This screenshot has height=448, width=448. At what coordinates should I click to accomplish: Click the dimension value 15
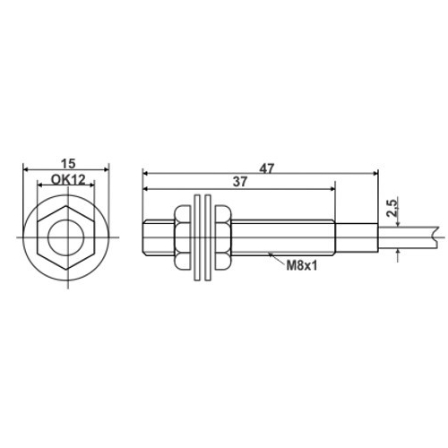click(x=68, y=164)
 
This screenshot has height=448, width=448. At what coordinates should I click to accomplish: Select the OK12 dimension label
click(x=68, y=180)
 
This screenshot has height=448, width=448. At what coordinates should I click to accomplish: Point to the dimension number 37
click(x=240, y=182)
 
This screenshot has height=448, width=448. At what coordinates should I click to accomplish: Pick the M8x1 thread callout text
click(x=301, y=265)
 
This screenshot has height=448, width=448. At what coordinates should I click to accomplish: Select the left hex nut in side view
click(x=182, y=237)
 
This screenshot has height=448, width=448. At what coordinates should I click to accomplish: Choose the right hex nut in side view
click(x=223, y=237)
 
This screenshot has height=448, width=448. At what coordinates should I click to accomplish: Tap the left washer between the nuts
click(x=197, y=237)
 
